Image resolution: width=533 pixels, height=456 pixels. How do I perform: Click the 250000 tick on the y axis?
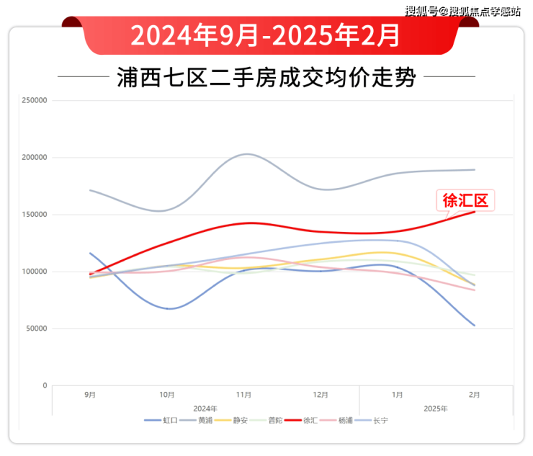(x=35, y=101)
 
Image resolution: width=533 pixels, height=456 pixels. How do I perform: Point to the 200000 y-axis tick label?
(x=35, y=158)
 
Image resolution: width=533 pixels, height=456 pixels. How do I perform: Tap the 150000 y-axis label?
(x=35, y=215)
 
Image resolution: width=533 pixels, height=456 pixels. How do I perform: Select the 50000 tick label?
(x=37, y=329)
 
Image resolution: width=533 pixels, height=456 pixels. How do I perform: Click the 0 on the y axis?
(x=45, y=386)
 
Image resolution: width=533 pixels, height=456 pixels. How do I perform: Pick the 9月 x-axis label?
(x=90, y=395)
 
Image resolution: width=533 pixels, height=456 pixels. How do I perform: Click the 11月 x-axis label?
(x=244, y=395)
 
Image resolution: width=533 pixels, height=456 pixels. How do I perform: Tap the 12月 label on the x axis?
(x=321, y=395)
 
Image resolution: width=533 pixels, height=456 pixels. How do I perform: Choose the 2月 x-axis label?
(x=475, y=395)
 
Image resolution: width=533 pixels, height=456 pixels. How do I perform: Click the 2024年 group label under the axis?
(x=205, y=408)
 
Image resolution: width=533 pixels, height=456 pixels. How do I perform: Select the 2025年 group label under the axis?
(x=436, y=408)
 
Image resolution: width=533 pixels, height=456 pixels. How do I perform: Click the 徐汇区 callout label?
(x=465, y=200)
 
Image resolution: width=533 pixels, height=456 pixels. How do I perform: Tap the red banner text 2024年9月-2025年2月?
(x=266, y=34)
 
